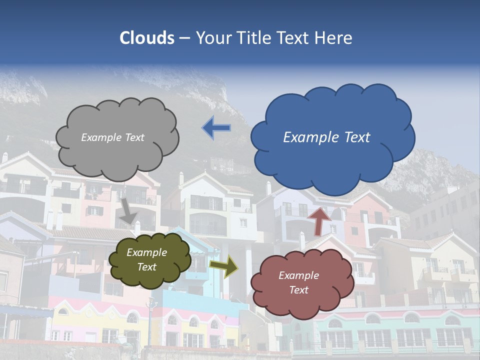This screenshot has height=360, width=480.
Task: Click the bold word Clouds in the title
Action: [x=147, y=38]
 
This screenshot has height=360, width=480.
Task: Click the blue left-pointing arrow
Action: [x=216, y=128]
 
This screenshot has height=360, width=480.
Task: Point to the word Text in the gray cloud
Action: [x=133, y=137]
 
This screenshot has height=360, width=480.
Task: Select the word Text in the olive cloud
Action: [x=147, y=267]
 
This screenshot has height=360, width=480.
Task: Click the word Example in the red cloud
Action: [x=298, y=275]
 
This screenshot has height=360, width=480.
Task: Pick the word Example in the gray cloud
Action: [x=100, y=137]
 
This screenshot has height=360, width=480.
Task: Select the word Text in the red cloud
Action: [x=299, y=290]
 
